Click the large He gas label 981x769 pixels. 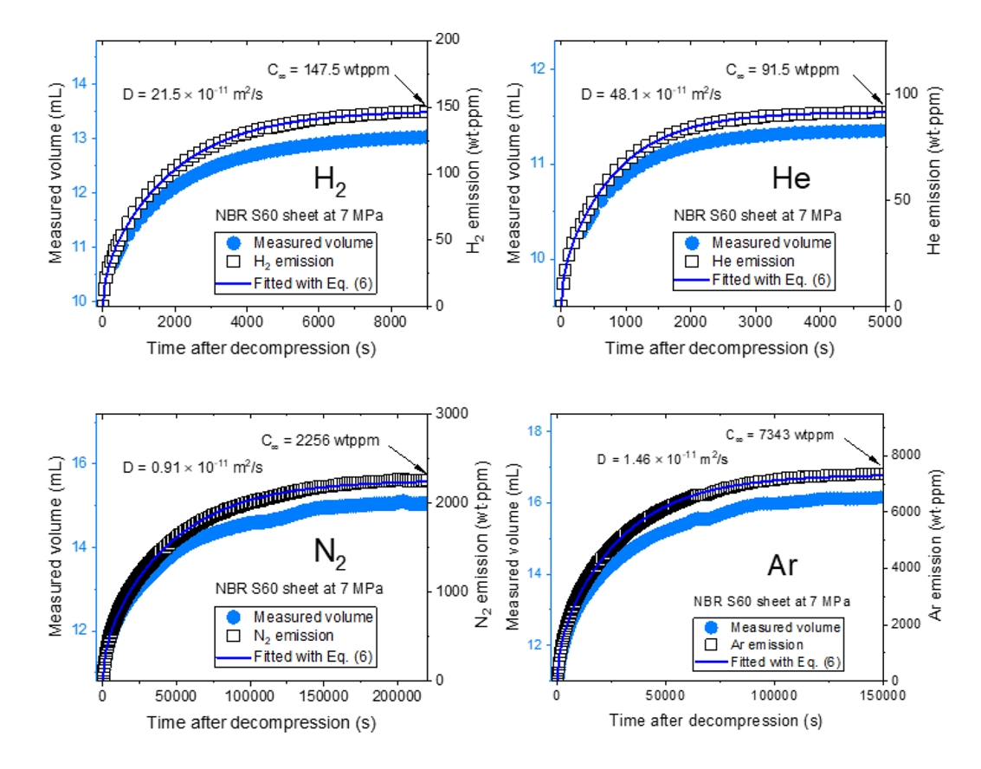tap(791, 178)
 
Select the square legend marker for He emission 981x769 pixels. tap(690, 261)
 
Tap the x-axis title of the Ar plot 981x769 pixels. tap(715, 720)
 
